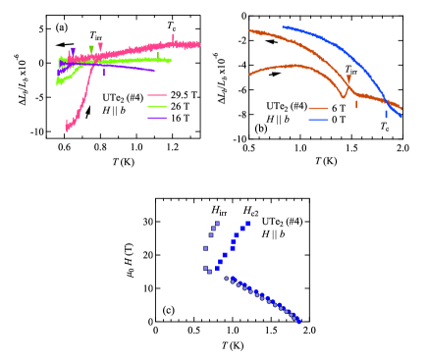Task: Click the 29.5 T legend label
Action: [x=184, y=95]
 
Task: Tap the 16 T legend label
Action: [x=179, y=118]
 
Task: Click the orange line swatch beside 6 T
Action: [x=317, y=108]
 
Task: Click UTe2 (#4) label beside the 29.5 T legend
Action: [x=123, y=98]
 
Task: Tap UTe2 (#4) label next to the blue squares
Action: [x=282, y=222]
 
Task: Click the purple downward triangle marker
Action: [x=73, y=50]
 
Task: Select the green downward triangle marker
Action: [x=91, y=47]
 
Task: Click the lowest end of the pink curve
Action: [x=67, y=129]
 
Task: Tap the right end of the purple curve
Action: [x=154, y=70]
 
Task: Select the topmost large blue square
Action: [x=247, y=224]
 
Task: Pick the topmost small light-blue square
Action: [x=216, y=223]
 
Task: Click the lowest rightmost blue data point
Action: [x=298, y=321]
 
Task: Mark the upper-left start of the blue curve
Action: [x=284, y=26]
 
